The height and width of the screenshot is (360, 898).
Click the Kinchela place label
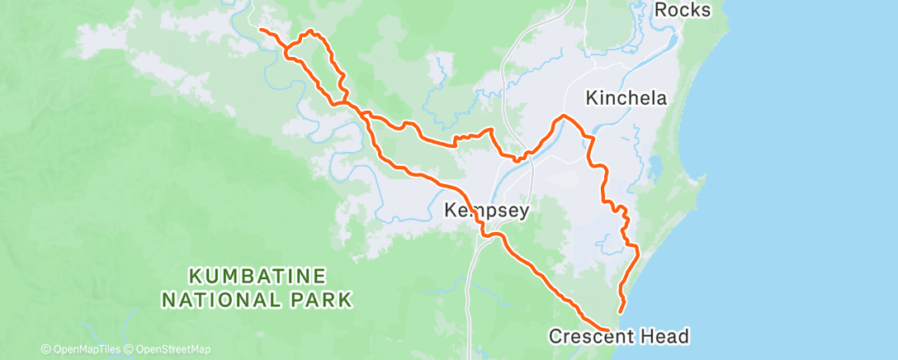pyautogui.click(x=626, y=98)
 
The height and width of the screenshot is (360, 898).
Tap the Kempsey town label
pyautogui.click(x=486, y=211)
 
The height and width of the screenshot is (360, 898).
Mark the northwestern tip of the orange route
pyautogui.click(x=261, y=30)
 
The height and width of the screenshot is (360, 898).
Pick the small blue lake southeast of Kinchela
pyautogui.click(x=655, y=168)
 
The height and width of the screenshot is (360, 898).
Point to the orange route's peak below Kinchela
pyautogui.click(x=564, y=116)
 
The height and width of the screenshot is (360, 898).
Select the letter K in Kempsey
pyautogui.click(x=451, y=211)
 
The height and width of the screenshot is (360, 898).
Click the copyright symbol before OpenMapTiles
pyautogui.click(x=46, y=349)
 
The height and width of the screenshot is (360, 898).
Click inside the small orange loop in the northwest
pyautogui.click(x=318, y=66)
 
